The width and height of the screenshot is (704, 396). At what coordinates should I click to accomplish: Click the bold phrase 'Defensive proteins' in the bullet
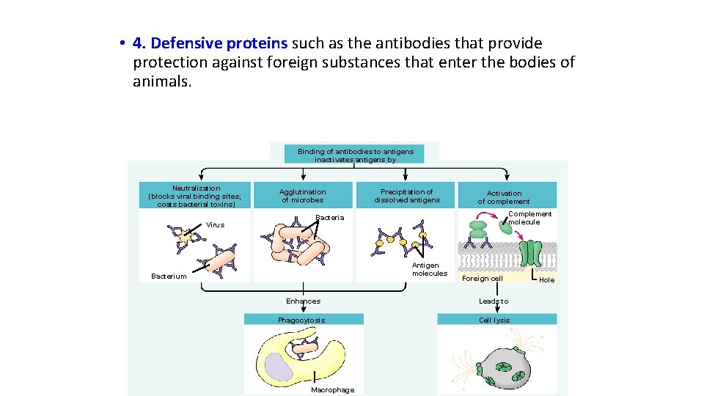click(x=219, y=44)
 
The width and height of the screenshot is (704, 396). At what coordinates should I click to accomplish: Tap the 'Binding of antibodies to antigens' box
click(x=355, y=155)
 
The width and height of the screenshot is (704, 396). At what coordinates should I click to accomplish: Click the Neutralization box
click(x=195, y=196)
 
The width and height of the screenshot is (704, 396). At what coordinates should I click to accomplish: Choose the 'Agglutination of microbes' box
click(x=302, y=196)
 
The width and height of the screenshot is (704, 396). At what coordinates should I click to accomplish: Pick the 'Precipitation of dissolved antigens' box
click(x=406, y=196)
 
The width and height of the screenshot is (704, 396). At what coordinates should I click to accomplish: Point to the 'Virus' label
click(x=215, y=225)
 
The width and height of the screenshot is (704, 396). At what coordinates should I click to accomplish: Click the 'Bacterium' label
click(x=169, y=276)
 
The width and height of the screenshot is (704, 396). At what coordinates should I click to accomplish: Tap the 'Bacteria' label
click(x=329, y=218)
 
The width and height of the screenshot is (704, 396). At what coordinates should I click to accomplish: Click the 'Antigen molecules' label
click(x=429, y=269)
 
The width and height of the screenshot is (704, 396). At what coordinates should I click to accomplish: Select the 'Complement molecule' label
click(x=529, y=218)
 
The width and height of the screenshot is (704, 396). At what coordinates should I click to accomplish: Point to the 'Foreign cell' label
click(x=482, y=279)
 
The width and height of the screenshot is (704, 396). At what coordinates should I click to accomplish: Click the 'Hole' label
click(x=546, y=279)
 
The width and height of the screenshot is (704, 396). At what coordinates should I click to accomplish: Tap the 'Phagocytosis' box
click(x=301, y=320)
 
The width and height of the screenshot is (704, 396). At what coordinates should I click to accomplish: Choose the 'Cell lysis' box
click(x=494, y=320)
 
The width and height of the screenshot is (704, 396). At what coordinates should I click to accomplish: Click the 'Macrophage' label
click(x=332, y=390)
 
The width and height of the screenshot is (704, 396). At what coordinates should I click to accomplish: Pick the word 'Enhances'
click(x=303, y=301)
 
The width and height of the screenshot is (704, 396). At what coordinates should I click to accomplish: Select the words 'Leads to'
click(x=494, y=301)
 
